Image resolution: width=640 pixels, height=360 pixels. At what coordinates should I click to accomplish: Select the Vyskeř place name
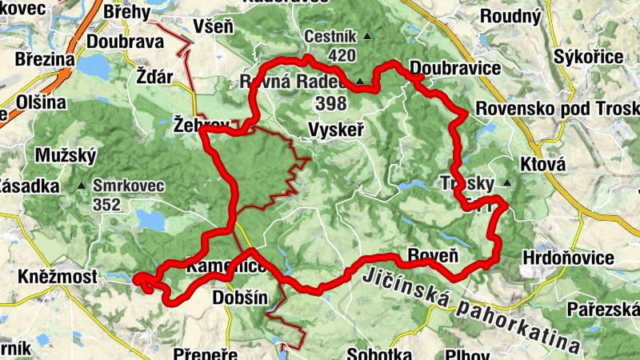pos(336,129)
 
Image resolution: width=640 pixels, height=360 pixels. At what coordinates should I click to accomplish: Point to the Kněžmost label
pos(57,277)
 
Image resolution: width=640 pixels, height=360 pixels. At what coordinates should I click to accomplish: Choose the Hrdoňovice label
pos(567,258)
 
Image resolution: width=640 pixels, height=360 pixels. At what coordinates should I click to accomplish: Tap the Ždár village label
pos(154,78)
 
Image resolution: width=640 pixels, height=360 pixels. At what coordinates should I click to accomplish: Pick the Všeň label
pos(214,27)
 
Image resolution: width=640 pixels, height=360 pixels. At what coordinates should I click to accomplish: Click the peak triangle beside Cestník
pos(367,36)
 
